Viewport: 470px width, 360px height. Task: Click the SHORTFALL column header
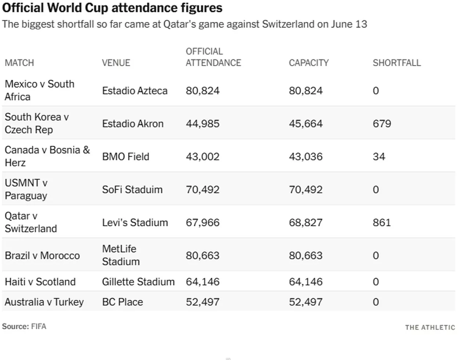[397, 63]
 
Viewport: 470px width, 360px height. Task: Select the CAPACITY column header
[309, 63]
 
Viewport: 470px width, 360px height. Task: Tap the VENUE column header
[116, 63]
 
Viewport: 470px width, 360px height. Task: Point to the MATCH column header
[19, 63]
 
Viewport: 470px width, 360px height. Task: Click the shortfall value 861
[382, 223]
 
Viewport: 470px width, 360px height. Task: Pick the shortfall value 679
[382, 124]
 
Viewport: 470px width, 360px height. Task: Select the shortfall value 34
[379, 156]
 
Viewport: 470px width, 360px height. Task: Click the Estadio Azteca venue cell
[135, 91]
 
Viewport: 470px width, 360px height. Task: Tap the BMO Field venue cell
[126, 156]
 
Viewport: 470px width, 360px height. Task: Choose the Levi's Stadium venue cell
[135, 223]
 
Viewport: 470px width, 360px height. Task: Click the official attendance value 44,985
[203, 124]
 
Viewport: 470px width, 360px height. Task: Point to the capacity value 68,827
[305, 223]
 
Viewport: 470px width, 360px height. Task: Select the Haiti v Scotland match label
[40, 282]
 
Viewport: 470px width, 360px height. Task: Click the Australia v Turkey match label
[44, 302]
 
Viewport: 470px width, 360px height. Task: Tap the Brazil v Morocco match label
[42, 256]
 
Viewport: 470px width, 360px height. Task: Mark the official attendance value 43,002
[203, 156]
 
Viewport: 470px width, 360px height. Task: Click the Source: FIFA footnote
[24, 327]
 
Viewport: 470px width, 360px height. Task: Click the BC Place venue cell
[122, 302]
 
